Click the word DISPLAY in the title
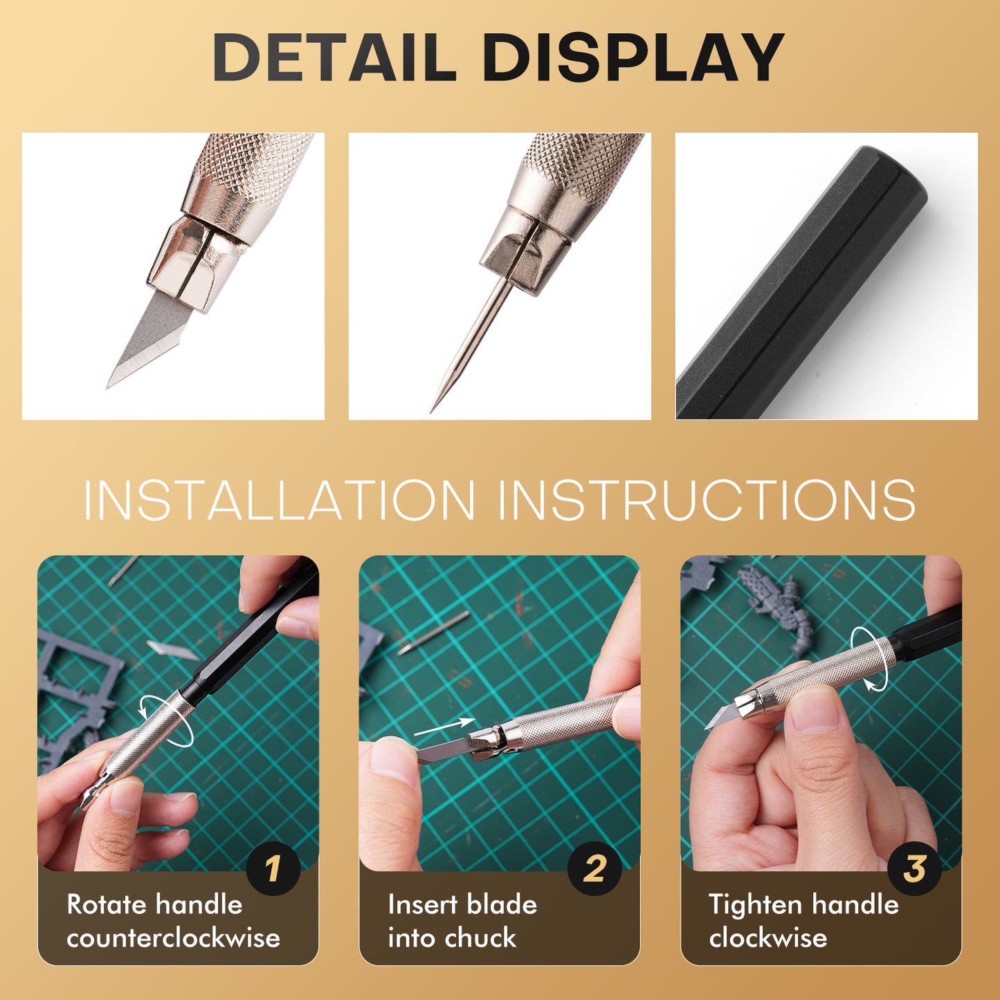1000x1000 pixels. click(x=633, y=58)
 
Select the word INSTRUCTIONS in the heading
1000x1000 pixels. click(x=707, y=500)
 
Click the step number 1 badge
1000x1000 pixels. click(x=273, y=869)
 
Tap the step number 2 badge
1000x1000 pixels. click(x=594, y=869)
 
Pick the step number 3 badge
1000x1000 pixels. click(x=914, y=869)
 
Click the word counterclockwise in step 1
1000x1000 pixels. click(x=173, y=938)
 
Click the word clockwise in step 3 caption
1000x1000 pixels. click(x=767, y=938)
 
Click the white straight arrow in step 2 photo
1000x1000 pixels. click(x=443, y=726)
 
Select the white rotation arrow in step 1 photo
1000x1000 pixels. click(x=166, y=721)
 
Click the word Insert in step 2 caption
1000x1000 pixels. click(x=422, y=904)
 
